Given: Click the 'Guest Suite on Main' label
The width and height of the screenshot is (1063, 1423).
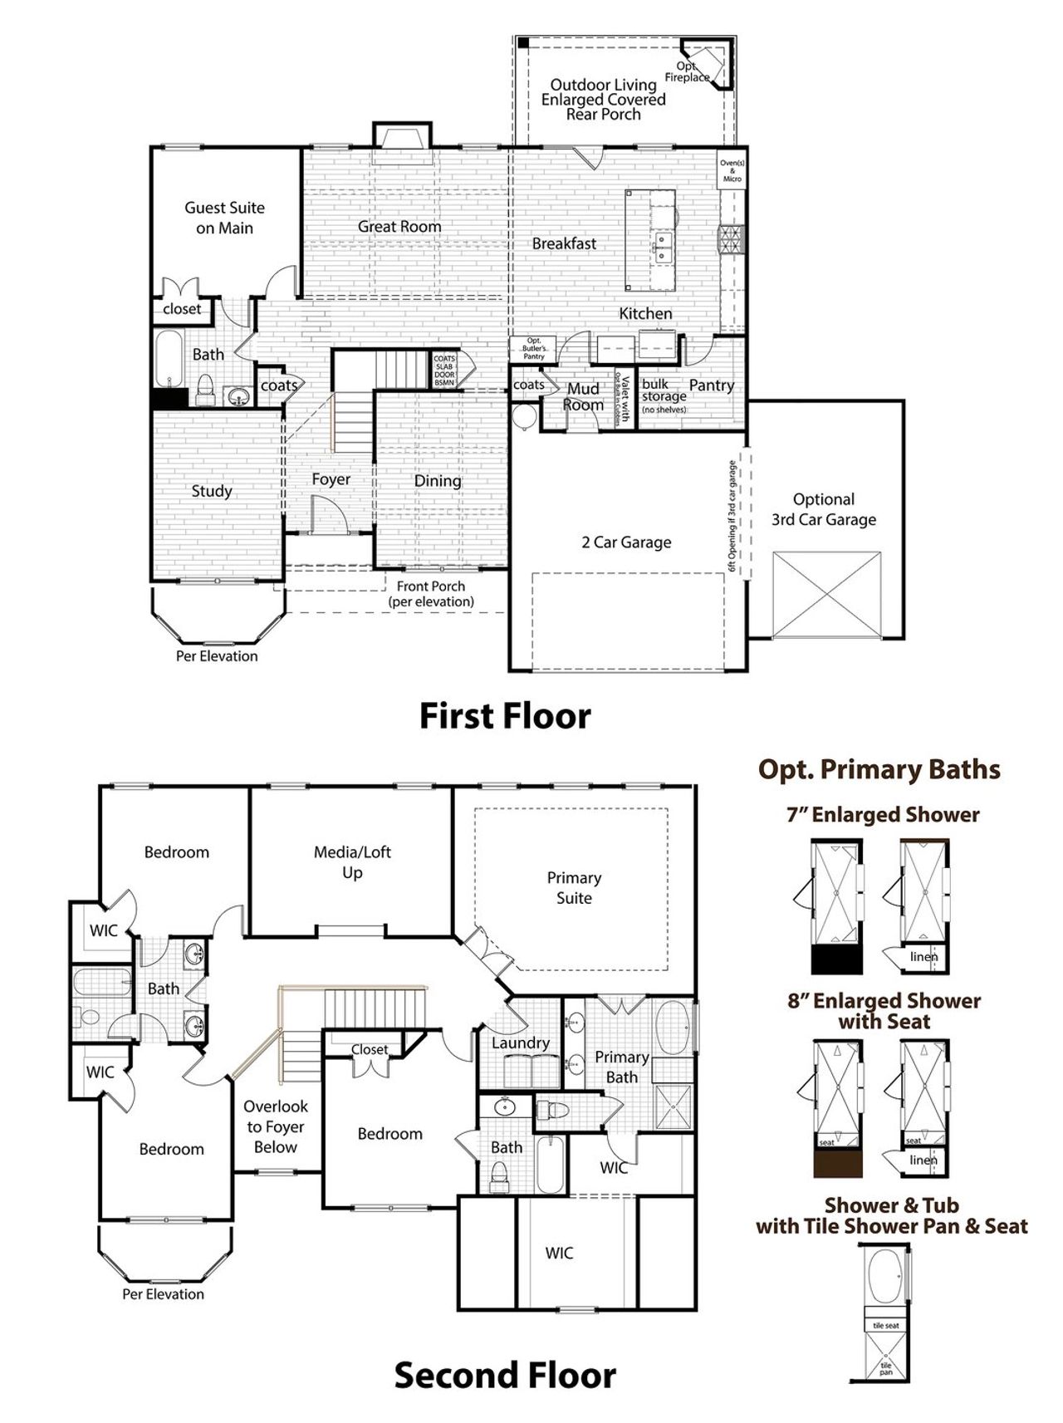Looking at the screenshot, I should point(224,218).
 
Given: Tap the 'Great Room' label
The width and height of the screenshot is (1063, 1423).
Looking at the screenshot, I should point(399,226).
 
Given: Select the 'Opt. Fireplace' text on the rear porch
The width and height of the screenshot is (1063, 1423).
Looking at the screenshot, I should point(687,71).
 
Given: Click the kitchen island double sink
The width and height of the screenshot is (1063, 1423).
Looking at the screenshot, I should point(662,248).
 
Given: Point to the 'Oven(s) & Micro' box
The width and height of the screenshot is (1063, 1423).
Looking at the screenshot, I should point(732,171).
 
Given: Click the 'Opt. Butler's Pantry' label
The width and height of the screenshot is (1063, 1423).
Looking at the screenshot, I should point(534,348).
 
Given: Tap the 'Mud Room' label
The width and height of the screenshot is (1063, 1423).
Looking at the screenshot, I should point(583,397).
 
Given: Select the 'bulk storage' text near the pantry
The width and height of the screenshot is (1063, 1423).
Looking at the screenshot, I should point(662,390).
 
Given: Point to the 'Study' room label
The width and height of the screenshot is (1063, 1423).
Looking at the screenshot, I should point(212,491).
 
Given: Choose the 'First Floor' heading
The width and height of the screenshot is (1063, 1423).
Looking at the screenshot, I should point(504,715).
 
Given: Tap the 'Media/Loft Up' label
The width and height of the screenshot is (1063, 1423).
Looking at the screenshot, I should point(352,861).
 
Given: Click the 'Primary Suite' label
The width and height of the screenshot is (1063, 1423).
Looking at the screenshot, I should point(574,887).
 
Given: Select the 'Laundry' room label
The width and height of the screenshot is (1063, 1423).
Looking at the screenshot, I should point(521,1043).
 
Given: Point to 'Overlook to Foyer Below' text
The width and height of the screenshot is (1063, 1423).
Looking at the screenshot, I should point(276,1126).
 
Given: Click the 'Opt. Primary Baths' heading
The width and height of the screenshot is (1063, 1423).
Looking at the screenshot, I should point(879,769).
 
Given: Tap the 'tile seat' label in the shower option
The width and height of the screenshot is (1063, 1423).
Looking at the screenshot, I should point(885,1326).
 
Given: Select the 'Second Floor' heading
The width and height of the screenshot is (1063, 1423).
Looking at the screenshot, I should point(504,1375).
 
